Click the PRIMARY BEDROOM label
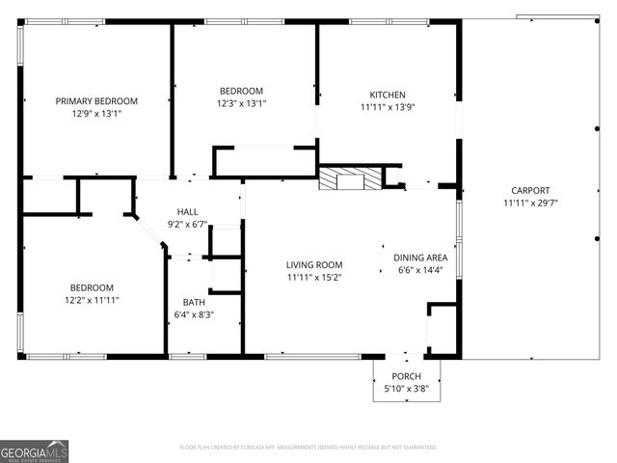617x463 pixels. [96, 101]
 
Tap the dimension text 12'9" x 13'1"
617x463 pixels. [96, 113]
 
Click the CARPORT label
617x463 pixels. [530, 191]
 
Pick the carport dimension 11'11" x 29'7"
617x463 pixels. [530, 203]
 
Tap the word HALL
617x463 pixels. [188, 212]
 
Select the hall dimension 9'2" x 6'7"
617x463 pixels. [188, 224]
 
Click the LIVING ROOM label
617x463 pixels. [314, 265]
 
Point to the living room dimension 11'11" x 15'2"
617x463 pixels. [314, 277]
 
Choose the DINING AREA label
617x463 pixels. [420, 258]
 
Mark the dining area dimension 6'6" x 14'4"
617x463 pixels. [420, 269]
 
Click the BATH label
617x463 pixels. [194, 303]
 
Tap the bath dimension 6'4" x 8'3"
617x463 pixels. [194, 314]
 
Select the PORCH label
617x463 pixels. [406, 376]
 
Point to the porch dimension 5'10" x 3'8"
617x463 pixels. [406, 388]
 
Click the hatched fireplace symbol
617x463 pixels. [349, 178]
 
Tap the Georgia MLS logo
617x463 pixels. [35, 449]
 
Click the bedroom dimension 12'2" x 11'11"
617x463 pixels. [92, 300]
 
